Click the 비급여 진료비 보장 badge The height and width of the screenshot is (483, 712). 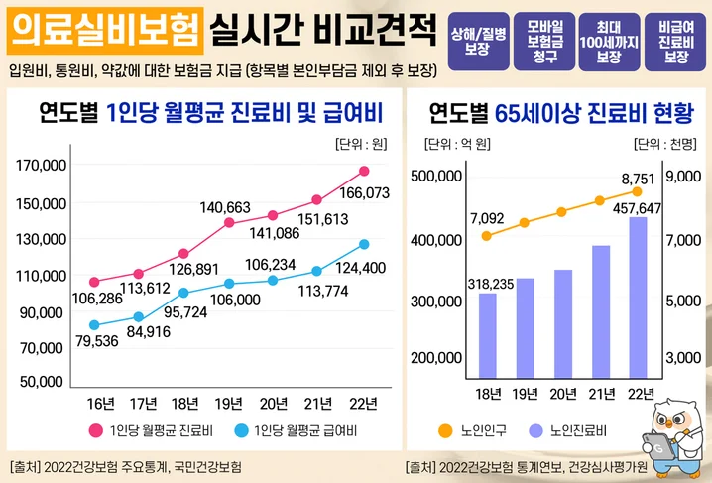pyautogui.click(x=675, y=41)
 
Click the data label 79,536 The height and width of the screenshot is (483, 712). pyautogui.click(x=96, y=342)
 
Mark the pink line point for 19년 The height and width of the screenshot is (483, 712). pyautogui.click(x=229, y=223)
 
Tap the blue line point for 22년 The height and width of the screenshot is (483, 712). pyautogui.click(x=364, y=244)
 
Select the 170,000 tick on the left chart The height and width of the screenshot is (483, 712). pyautogui.click(x=42, y=166)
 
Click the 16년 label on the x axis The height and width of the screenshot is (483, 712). pyautogui.click(x=100, y=402)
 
